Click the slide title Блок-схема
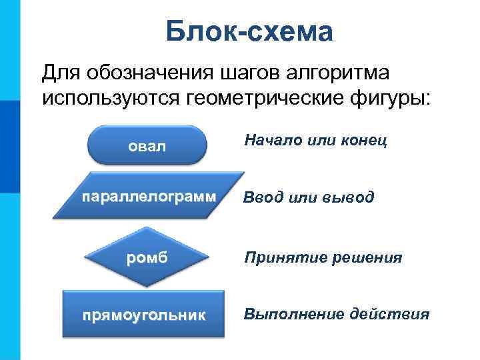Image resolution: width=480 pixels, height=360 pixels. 249,31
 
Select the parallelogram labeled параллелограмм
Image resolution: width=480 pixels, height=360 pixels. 149,199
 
